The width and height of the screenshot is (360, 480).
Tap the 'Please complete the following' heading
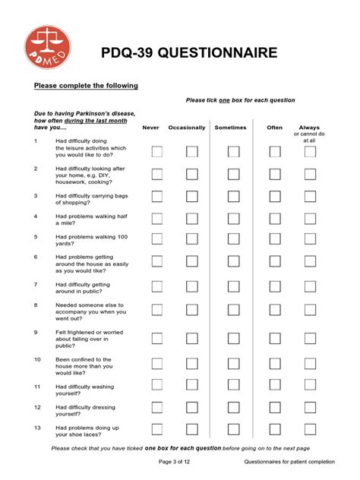tap(86, 86)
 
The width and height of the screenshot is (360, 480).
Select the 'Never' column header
tap(150, 128)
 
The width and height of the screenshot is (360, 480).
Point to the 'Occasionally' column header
tap(187, 128)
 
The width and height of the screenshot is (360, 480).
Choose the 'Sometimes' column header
tap(230, 128)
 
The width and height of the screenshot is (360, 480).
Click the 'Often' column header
tap(275, 128)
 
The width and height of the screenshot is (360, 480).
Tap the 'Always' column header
tap(309, 128)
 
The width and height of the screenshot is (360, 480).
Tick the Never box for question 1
tap(157, 152)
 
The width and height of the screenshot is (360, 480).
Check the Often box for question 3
tap(274, 197)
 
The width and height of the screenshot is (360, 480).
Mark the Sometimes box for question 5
tap(233, 239)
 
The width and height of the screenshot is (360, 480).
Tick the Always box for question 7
tap(310, 286)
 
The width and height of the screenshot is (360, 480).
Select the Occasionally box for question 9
tap(192, 336)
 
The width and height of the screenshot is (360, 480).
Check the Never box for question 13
tap(157, 429)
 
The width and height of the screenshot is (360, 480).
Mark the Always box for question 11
tap(310, 387)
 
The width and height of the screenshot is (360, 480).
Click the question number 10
tap(36, 358)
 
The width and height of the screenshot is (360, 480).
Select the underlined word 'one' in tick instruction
tap(225, 100)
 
